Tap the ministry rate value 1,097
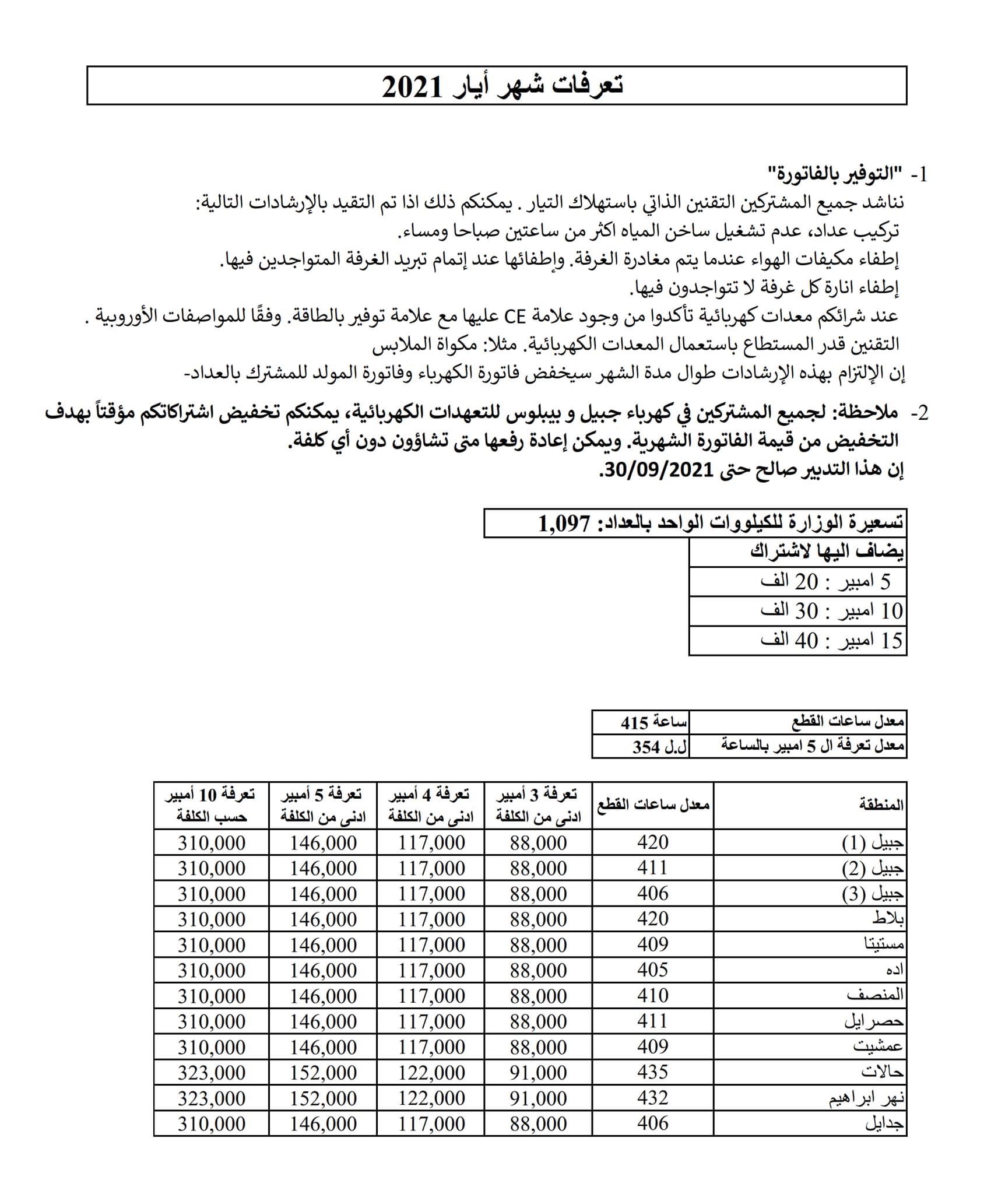click(x=564, y=524)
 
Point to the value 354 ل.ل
click(x=659, y=747)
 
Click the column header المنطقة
click(x=881, y=805)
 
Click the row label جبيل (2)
click(x=873, y=869)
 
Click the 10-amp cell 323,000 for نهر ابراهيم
click(x=211, y=1098)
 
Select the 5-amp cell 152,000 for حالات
click(x=323, y=1072)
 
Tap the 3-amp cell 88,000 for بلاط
click(x=538, y=919)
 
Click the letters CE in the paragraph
click(x=515, y=316)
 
